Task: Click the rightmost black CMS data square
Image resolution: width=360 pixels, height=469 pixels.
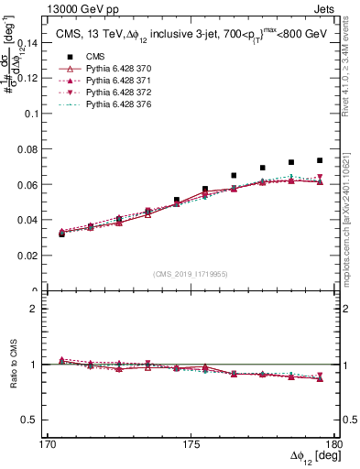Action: (x=320, y=160)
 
